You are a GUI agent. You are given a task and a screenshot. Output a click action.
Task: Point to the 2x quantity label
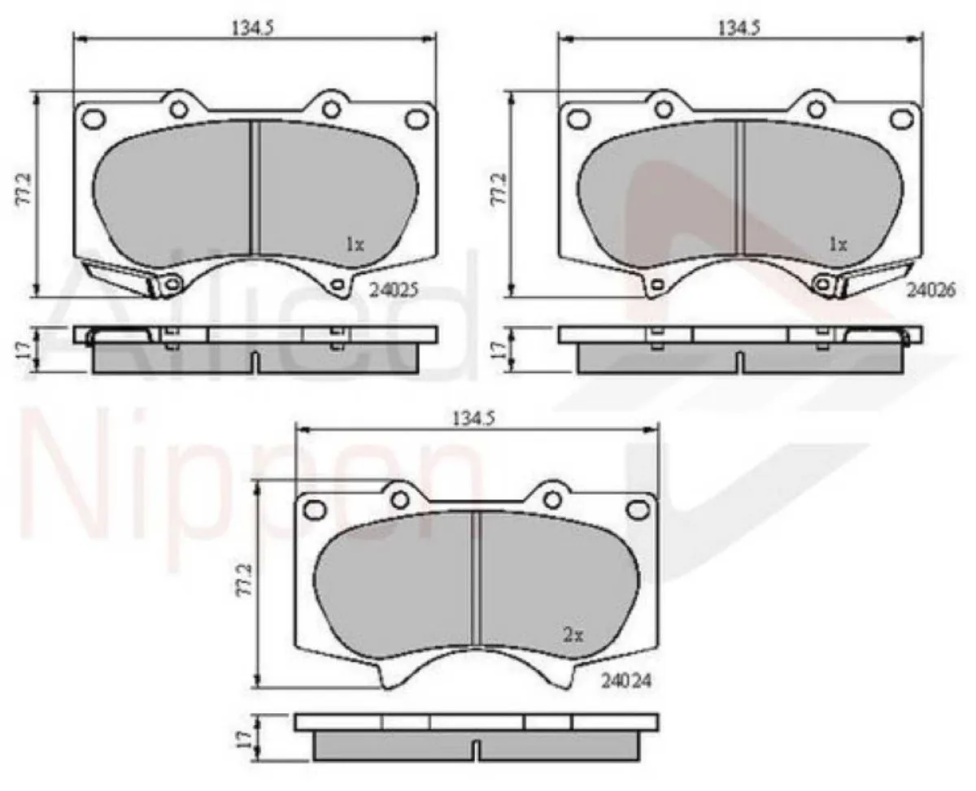pos(573,637)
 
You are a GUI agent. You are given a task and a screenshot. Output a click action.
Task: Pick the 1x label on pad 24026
pos(838,243)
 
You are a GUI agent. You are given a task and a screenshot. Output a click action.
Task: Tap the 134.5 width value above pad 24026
pos(739,27)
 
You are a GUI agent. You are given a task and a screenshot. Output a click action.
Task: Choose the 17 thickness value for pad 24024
pos(242,738)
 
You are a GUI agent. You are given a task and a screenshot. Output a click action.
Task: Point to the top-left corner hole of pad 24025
pos(94,119)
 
